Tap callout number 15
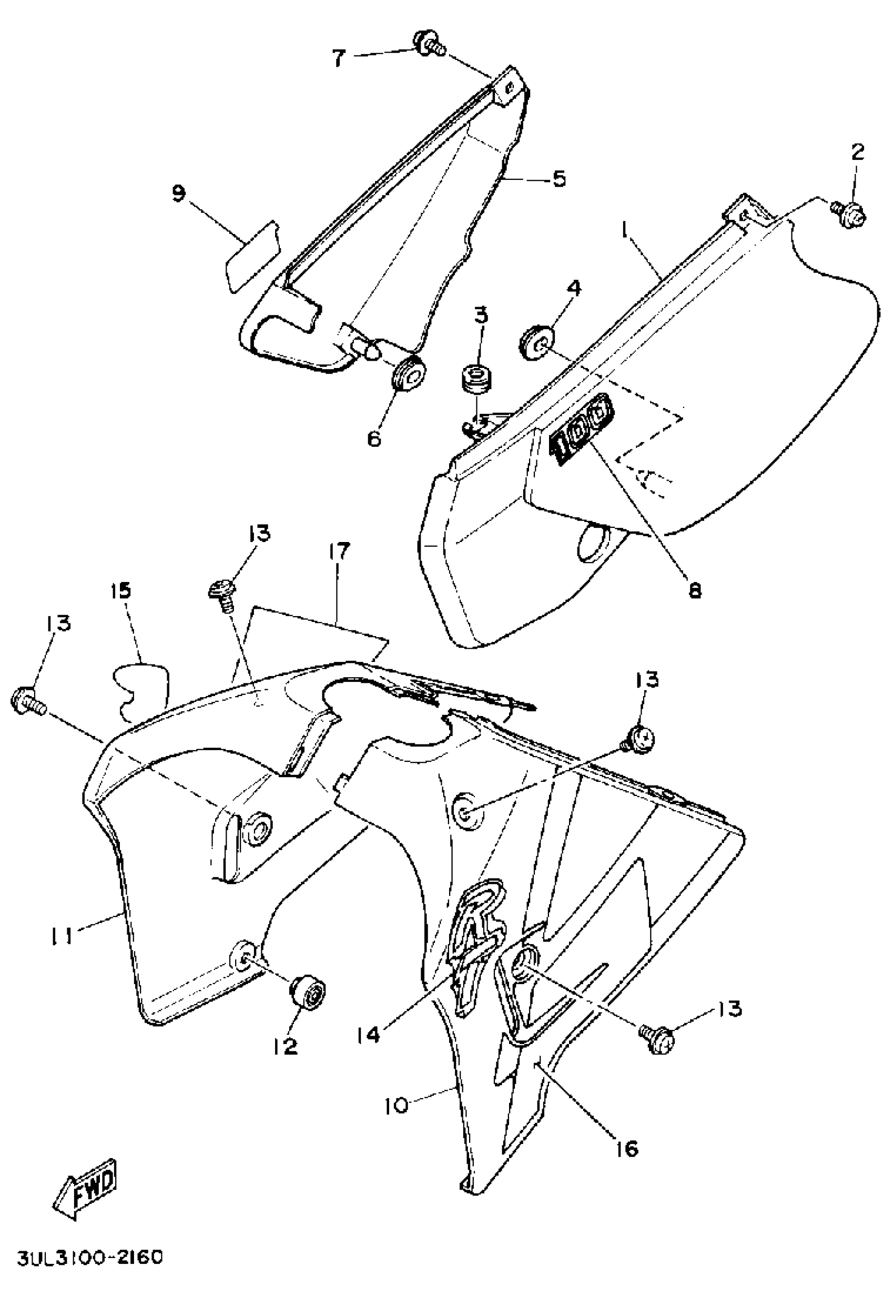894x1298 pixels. [123, 590]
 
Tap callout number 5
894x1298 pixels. [558, 179]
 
